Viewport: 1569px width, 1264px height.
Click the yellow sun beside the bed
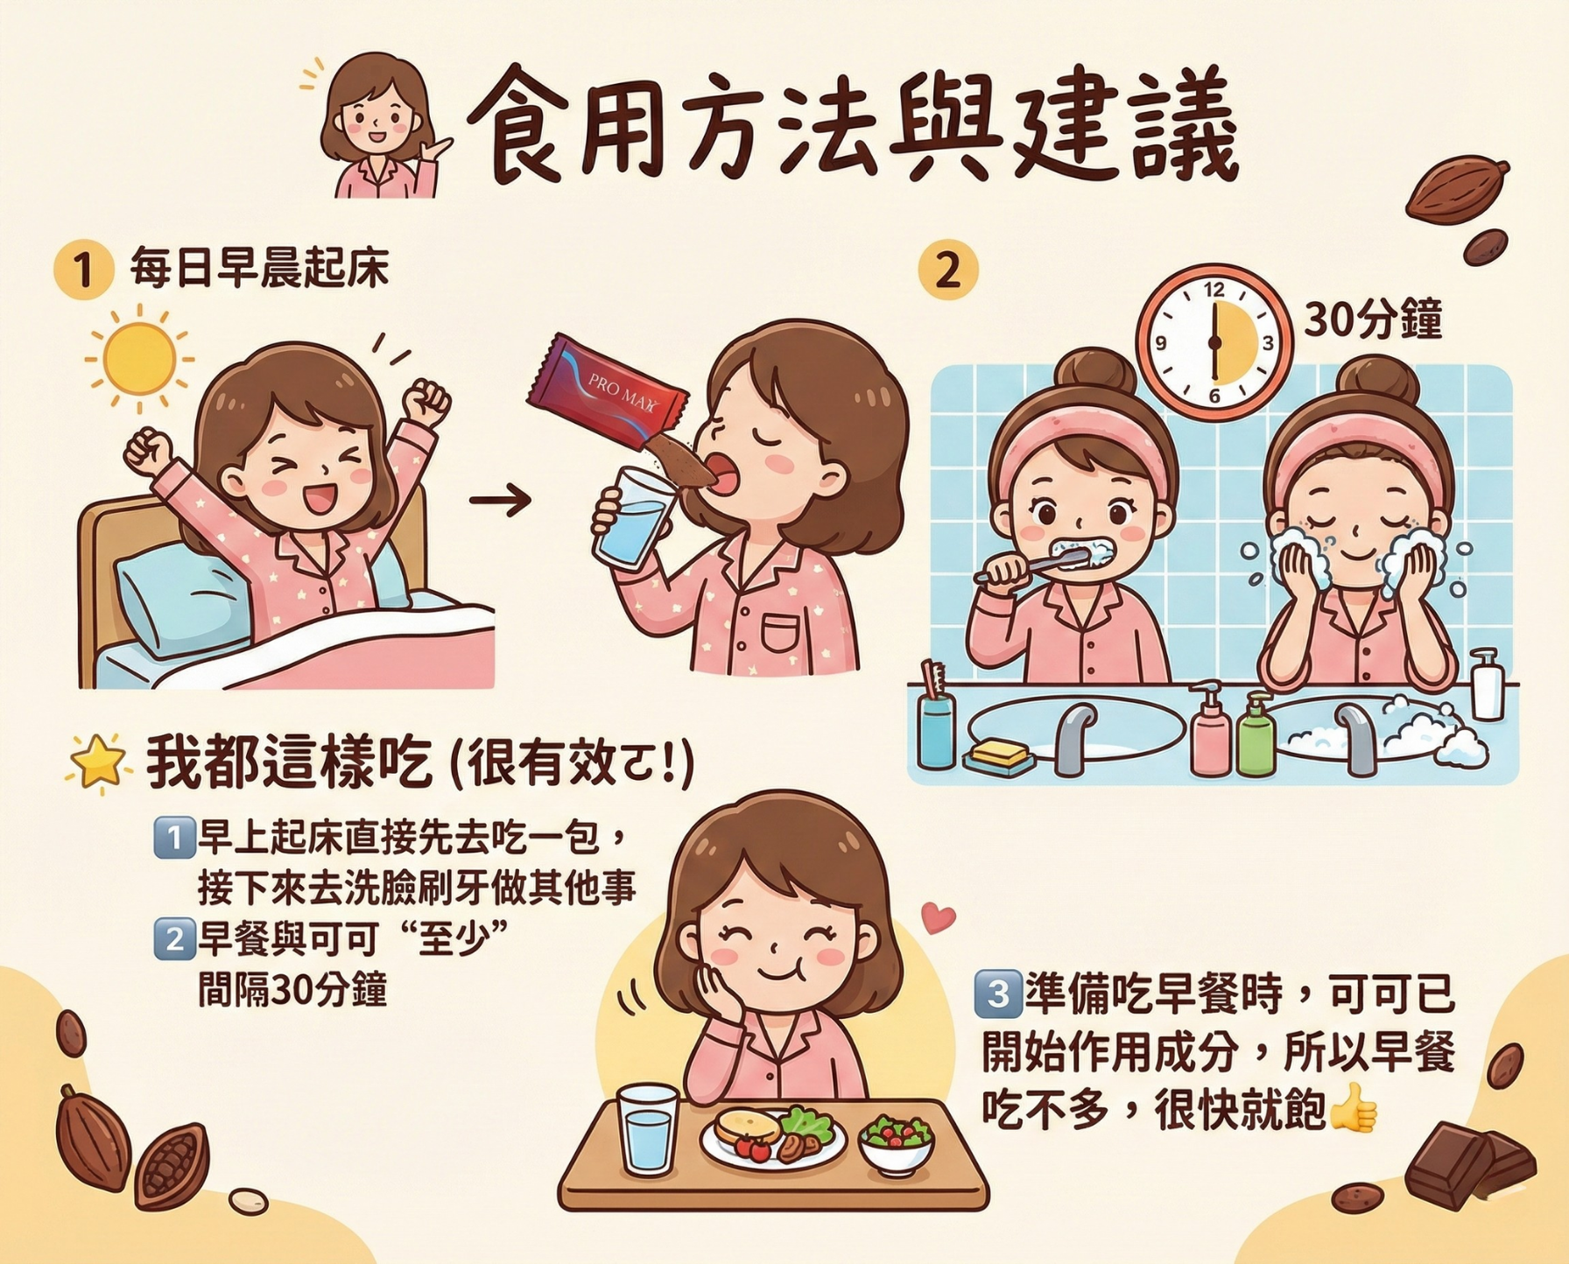(139, 359)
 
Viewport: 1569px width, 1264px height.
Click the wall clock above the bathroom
(1214, 341)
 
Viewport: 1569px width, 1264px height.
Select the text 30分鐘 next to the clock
(1372, 320)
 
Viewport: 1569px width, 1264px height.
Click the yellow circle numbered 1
(83, 269)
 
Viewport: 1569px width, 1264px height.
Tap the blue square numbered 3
(998, 994)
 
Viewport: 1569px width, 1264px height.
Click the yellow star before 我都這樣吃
(98, 762)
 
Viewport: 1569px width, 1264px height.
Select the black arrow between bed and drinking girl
(500, 500)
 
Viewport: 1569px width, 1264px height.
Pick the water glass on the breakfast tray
(648, 1129)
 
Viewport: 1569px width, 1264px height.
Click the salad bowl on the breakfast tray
(897, 1141)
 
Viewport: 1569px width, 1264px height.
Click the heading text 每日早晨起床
(259, 268)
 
